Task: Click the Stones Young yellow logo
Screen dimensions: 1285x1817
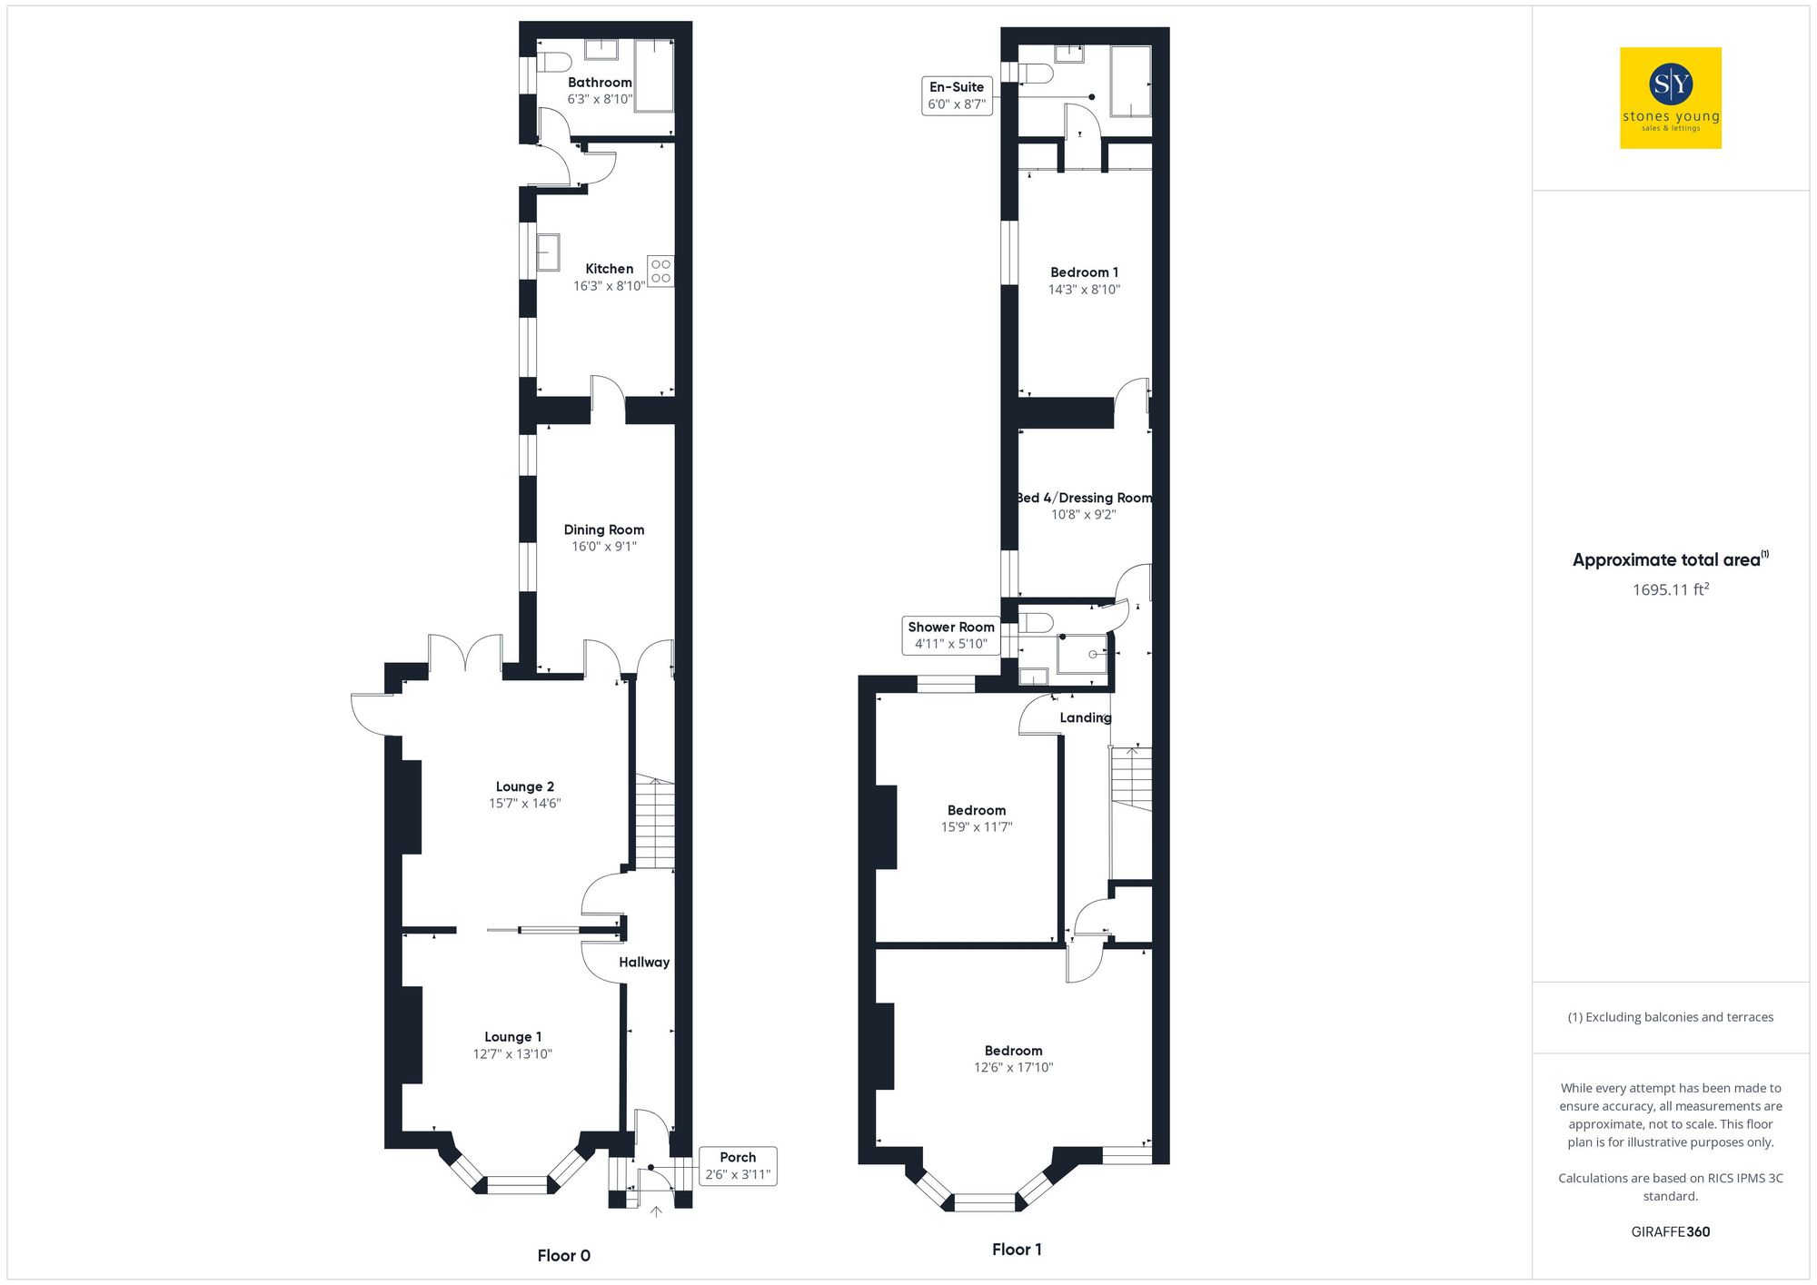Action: [1670, 98]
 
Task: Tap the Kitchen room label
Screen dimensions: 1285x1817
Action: [609, 269]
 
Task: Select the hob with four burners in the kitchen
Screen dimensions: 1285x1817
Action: [660, 271]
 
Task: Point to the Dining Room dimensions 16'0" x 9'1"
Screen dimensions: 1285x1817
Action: [603, 547]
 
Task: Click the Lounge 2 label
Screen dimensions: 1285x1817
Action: [524, 786]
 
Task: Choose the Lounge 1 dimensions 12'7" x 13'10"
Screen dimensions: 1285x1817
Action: [512, 1054]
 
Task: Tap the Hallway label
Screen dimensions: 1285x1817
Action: [644, 963]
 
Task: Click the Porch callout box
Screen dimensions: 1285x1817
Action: [738, 1166]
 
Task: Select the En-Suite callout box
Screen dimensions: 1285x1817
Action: [957, 95]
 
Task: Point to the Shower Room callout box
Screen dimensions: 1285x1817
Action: [950, 636]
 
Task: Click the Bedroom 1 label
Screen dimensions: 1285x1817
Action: [1084, 272]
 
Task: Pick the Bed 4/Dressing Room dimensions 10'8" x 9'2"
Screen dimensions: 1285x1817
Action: [1083, 515]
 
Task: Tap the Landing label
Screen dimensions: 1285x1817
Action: [1085, 718]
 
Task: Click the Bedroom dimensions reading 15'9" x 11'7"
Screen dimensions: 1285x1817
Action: [976, 827]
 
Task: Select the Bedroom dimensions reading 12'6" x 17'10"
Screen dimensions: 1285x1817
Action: [1013, 1068]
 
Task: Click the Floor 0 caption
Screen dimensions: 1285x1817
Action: [563, 1256]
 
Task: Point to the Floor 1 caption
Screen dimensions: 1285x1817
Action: [1017, 1250]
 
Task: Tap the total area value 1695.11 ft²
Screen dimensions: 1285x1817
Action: [1670, 590]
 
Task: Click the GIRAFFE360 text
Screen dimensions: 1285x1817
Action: [1670, 1232]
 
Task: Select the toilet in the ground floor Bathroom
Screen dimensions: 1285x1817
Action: [554, 62]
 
